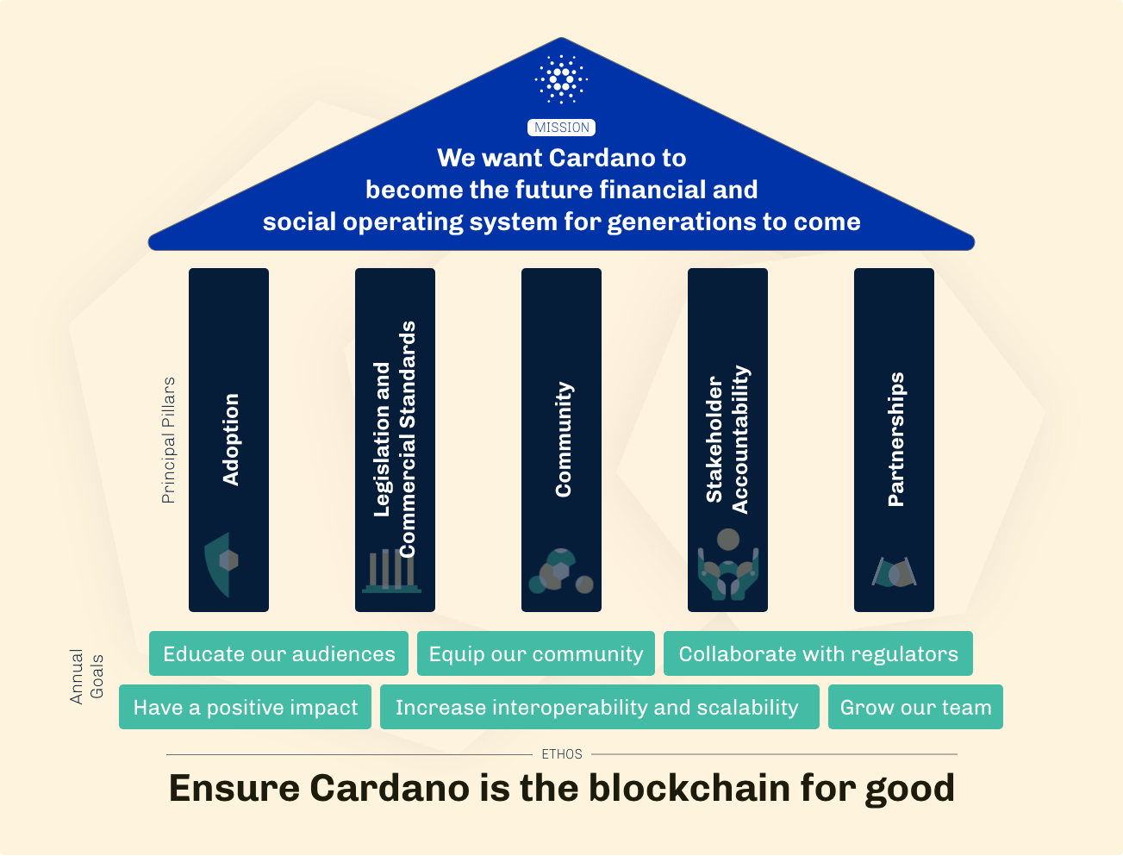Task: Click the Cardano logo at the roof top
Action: pos(561,80)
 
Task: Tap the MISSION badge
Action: pos(561,128)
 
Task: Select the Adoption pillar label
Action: pos(230,440)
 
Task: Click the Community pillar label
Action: pos(563,440)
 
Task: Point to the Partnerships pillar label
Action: pos(895,440)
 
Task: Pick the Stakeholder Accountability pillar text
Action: pos(727,440)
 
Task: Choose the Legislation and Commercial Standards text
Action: pos(395,440)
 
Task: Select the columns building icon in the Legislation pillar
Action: pos(392,571)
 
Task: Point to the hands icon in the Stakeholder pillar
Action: pos(727,565)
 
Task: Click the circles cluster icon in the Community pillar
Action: pos(560,571)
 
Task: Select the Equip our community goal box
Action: pos(536,654)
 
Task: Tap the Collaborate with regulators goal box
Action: pos(818,654)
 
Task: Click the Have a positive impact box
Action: pos(245,708)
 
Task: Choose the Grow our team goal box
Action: pos(915,708)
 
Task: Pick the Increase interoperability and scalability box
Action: pos(597,708)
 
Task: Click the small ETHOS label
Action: pos(562,754)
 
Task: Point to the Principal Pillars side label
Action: pos(168,440)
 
